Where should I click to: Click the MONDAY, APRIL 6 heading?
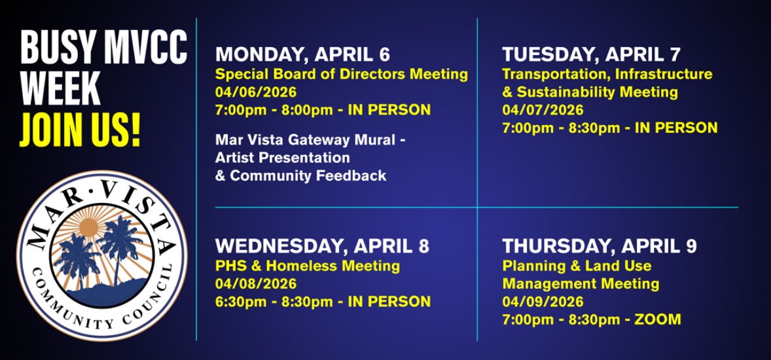point(302,54)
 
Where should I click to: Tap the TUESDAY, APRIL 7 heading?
point(591,54)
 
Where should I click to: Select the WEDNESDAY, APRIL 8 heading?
point(322,246)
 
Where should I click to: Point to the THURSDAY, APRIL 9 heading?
point(600,246)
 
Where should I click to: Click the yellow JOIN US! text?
point(80,130)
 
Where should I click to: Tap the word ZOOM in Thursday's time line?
point(658,319)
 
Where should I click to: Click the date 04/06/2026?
point(256,92)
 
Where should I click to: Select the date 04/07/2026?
point(543,110)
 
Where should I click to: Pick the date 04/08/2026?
point(256,284)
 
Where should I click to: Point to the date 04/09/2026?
point(543,302)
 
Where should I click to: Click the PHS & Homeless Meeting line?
point(308,266)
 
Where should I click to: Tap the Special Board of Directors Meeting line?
point(341,75)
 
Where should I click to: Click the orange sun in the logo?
point(90,226)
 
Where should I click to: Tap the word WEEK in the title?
point(60,88)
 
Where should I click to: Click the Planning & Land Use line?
point(576,266)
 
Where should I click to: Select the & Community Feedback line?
point(300,175)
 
